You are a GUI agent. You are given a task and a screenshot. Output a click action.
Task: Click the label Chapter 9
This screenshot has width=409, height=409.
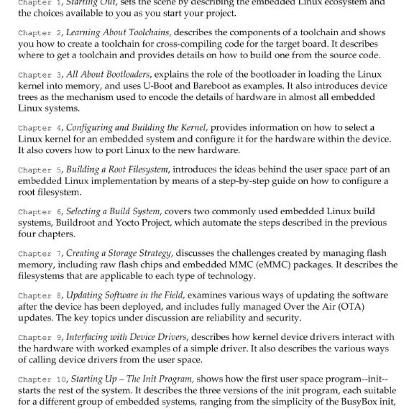pos(39,338)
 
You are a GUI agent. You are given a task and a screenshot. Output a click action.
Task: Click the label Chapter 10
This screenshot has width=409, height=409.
pos(41,380)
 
